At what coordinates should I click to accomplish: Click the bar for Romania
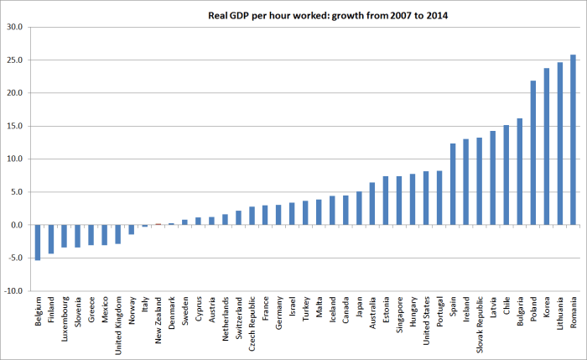coord(574,140)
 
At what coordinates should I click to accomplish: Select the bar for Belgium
coord(37,243)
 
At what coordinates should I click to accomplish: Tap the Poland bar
coord(533,153)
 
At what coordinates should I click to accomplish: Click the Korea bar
coord(547,147)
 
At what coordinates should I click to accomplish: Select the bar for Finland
coord(50,239)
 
